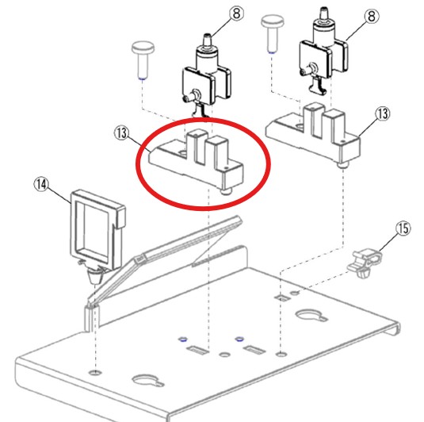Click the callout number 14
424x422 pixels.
pyautogui.click(x=41, y=184)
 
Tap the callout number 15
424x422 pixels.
pyautogui.click(x=403, y=228)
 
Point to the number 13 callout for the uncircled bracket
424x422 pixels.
pyautogui.click(x=382, y=114)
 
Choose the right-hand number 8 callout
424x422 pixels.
pyautogui.click(x=371, y=14)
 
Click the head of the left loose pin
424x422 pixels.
pyautogui.click(x=142, y=50)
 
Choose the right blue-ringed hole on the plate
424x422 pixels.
pyautogui.click(x=237, y=336)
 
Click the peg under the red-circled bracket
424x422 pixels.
pyautogui.click(x=226, y=191)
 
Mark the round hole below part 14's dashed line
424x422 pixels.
pyautogui.click(x=95, y=371)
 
